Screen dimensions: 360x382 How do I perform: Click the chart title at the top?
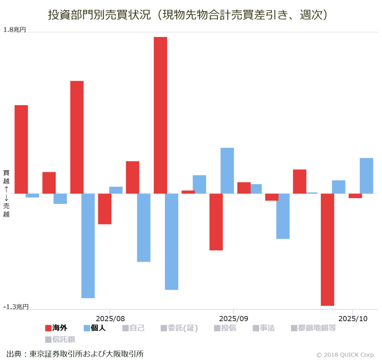pyautogui.click(x=188, y=15)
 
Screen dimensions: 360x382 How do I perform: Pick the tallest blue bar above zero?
pyautogui.click(x=227, y=171)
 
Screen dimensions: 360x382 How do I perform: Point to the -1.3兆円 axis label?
pyautogui.click(x=16, y=307)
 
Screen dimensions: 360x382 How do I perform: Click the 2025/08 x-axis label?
pyautogui.click(x=110, y=319)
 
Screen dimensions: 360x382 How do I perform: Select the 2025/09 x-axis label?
pyautogui.click(x=233, y=319)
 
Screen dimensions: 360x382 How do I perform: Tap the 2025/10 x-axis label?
pyautogui.click(x=353, y=319)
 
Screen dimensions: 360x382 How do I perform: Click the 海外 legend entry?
pyautogui.click(x=56, y=328)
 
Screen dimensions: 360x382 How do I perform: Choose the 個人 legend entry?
pyautogui.click(x=95, y=328)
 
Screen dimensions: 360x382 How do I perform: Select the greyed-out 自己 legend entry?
pyautogui.click(x=133, y=328)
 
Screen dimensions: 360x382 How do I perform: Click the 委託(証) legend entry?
pyautogui.click(x=179, y=328)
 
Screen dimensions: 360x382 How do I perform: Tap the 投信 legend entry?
pyautogui.click(x=225, y=328)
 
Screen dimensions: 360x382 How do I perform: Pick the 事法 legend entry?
pyautogui.click(x=264, y=328)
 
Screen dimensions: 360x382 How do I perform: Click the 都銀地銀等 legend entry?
pyautogui.click(x=313, y=328)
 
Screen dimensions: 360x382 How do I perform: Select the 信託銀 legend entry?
pyautogui.click(x=60, y=339)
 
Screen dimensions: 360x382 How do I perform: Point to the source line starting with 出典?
pyautogui.click(x=75, y=354)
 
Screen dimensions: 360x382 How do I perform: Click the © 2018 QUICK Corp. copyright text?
pyautogui.click(x=345, y=355)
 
